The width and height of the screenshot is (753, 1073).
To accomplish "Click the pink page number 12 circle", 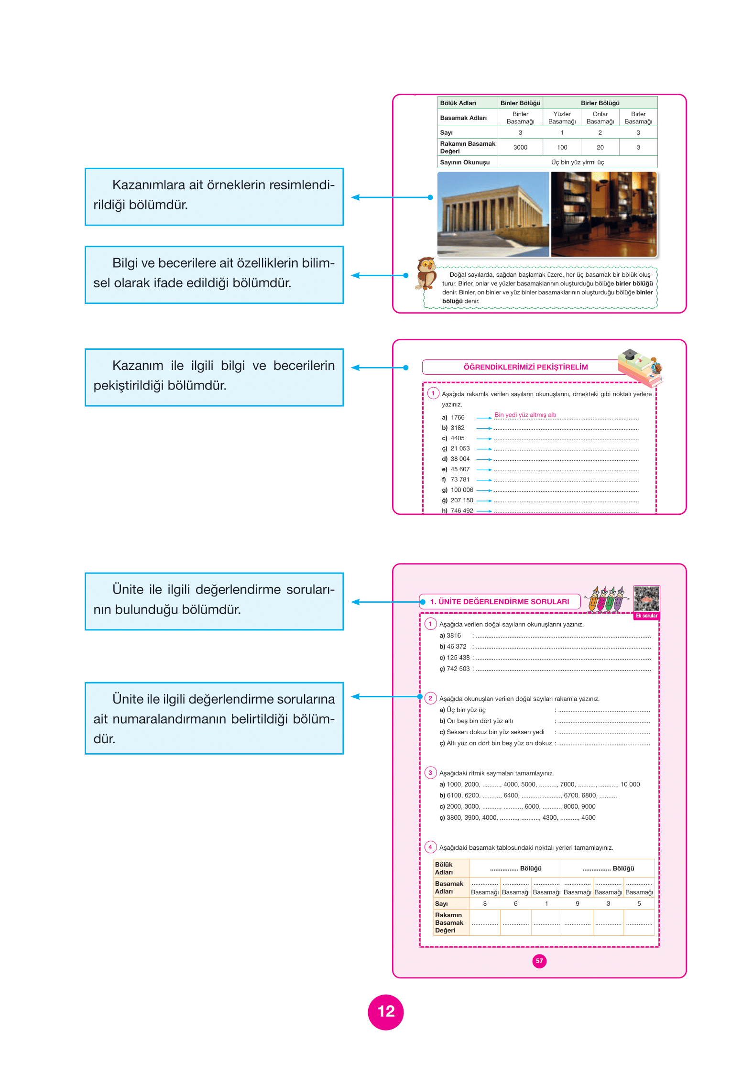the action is coord(385,1012).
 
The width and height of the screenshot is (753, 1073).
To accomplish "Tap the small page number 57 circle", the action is coord(539,961).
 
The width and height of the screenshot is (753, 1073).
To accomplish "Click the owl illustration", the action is coord(426,273).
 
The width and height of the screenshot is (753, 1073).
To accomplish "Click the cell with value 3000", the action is coord(520,147).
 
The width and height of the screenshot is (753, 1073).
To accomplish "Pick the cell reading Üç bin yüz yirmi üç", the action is coord(577,162).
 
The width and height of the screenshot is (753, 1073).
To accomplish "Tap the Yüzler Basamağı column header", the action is coord(562,118).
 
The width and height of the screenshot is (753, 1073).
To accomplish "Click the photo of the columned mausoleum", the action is coord(493,214).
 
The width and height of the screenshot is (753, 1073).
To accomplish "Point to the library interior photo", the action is coord(604,214).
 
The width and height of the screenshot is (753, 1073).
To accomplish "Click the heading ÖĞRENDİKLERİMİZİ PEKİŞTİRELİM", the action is coord(525,367).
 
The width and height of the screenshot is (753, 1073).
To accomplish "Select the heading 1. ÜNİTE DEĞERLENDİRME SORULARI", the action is coord(499,602).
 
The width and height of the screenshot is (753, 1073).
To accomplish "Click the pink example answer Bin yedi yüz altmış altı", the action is coord(525,415).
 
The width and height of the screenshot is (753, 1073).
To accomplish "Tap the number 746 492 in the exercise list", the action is coord(462,510).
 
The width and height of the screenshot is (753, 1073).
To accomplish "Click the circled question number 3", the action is coord(430,772).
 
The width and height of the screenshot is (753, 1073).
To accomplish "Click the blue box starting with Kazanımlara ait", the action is coord(214,196).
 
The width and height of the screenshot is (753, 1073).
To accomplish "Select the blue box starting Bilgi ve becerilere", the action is coord(214,275).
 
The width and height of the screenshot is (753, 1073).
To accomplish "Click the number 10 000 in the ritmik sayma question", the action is coord(630,784).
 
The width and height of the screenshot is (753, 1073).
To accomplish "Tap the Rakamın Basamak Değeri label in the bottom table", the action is coord(449,922).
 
